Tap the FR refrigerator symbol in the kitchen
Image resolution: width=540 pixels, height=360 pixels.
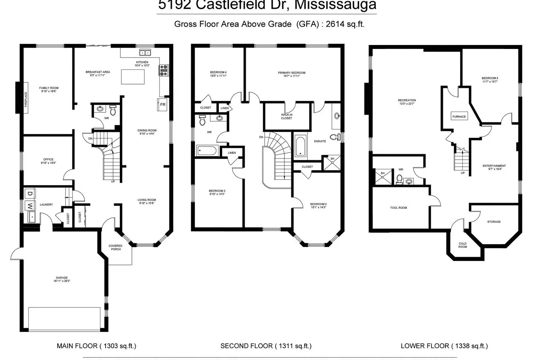163,105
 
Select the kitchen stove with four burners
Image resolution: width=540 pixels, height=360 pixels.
164,70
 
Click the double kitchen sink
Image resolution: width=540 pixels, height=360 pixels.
145,53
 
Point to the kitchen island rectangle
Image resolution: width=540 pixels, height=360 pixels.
133,77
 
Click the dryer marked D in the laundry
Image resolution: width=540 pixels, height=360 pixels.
30,194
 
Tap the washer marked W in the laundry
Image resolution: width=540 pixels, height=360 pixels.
30,206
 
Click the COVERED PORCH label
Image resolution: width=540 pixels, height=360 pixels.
115,247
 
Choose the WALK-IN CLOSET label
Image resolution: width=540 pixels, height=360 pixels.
287,116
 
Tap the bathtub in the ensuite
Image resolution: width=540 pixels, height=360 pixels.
300,147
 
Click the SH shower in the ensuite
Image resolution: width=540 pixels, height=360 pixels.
332,162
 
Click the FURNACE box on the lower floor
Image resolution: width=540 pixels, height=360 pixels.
459,116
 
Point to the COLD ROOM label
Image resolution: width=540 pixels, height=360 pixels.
463,245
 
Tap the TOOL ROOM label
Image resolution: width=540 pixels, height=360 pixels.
399,208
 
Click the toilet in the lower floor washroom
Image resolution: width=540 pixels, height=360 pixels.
399,179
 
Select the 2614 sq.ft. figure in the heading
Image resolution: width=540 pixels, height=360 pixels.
345,24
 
